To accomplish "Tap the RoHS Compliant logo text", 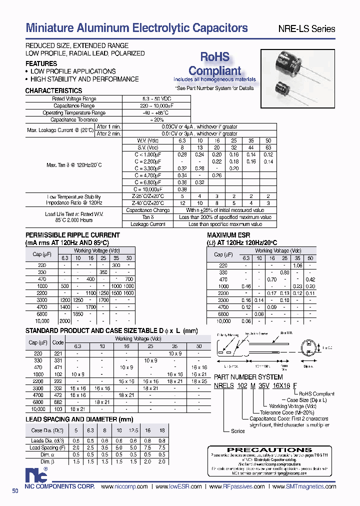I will pyautogui.click(x=214, y=63).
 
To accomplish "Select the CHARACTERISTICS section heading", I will pyautogui.click(x=53, y=91).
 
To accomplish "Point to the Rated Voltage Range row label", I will pyautogui.click(x=74, y=99).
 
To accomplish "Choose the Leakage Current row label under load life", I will pyautogui.click(x=148, y=224).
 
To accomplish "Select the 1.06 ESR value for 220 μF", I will pyautogui.click(x=298, y=265).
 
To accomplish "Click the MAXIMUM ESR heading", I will pyautogui.click(x=228, y=235).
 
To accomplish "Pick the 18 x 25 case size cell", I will pyautogui.click(x=199, y=381).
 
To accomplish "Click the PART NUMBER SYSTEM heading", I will pyautogui.click(x=248, y=377).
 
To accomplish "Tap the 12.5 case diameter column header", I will pyautogui.click(x=133, y=430).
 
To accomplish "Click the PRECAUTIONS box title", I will pyautogui.click(x=272, y=450).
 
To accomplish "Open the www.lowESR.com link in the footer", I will pyautogui.click(x=178, y=486).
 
